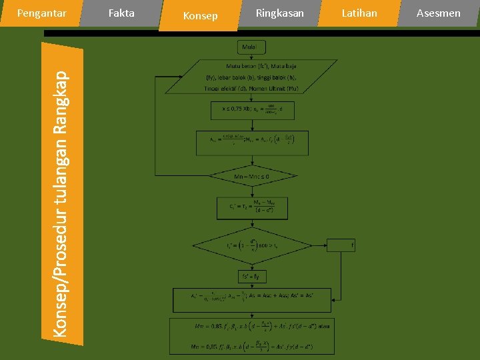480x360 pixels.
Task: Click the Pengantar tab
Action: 41,13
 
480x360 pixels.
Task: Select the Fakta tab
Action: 121,13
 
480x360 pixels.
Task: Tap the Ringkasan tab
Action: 279,13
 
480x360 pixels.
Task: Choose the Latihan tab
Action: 359,13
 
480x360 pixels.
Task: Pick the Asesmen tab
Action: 438,13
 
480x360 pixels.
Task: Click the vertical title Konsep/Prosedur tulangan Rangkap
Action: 61,193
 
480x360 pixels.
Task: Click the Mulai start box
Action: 251,47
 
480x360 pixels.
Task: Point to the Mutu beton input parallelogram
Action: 251,77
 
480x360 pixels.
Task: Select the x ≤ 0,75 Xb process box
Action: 252,110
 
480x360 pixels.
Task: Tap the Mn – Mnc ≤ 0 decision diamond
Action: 252,177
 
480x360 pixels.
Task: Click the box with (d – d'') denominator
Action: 252,209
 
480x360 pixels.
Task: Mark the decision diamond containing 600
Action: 252,245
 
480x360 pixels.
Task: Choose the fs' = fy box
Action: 252,275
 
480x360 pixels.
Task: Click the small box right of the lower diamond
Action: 341,245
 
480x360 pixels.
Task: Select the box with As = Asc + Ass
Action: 252,297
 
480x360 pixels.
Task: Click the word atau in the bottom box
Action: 323,326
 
